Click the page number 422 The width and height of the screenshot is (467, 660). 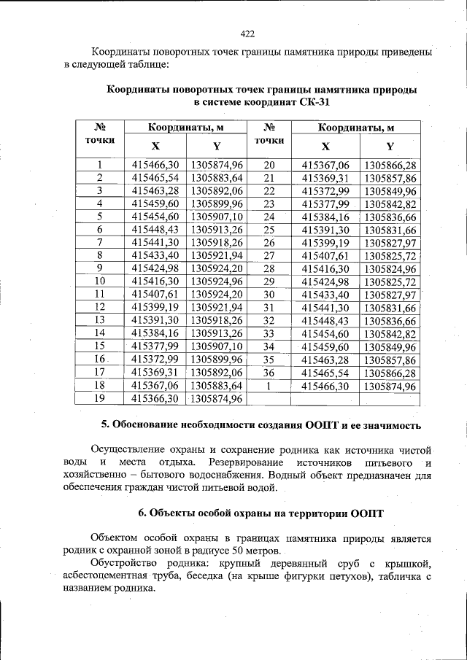[x=247, y=34]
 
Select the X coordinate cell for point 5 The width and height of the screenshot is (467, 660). [x=155, y=217]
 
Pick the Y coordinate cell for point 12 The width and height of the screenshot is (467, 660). [x=216, y=307]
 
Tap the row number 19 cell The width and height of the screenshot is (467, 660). [x=99, y=398]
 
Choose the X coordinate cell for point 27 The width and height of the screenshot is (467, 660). [x=325, y=256]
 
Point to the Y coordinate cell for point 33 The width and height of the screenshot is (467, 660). [x=390, y=334]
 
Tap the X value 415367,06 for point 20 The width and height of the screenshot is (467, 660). [x=325, y=166]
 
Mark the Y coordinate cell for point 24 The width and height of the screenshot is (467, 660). [x=390, y=217]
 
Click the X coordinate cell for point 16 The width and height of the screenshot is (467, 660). [x=155, y=360]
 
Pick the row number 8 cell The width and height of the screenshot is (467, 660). [x=99, y=256]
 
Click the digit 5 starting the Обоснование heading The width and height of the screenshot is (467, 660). [x=104, y=425]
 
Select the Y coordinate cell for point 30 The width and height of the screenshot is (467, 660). [x=390, y=295]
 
